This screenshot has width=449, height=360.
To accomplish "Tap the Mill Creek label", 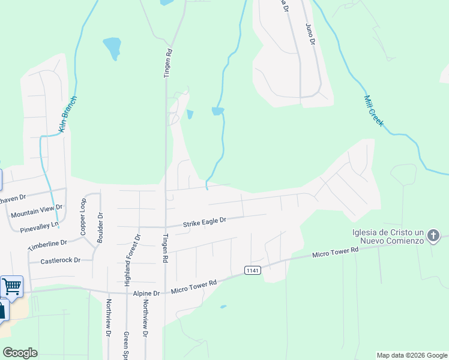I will click(x=373, y=110).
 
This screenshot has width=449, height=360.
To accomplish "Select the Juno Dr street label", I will click(x=310, y=33).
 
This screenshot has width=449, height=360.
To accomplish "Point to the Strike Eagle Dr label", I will click(x=204, y=222).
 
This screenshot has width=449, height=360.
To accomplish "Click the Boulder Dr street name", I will click(x=100, y=224).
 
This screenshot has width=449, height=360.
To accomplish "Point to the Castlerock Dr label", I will click(x=60, y=261).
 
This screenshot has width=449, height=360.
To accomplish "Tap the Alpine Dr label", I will click(x=148, y=293).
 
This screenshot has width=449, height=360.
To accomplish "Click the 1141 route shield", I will click(x=253, y=271).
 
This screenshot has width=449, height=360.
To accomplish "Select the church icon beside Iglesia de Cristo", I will click(x=435, y=236).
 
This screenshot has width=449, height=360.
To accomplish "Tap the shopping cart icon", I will click(x=11, y=286).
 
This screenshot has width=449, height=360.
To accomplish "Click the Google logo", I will click(x=20, y=352).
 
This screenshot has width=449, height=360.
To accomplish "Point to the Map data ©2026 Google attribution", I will click(x=412, y=355).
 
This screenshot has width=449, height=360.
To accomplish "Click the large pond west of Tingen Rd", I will click(x=112, y=48).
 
